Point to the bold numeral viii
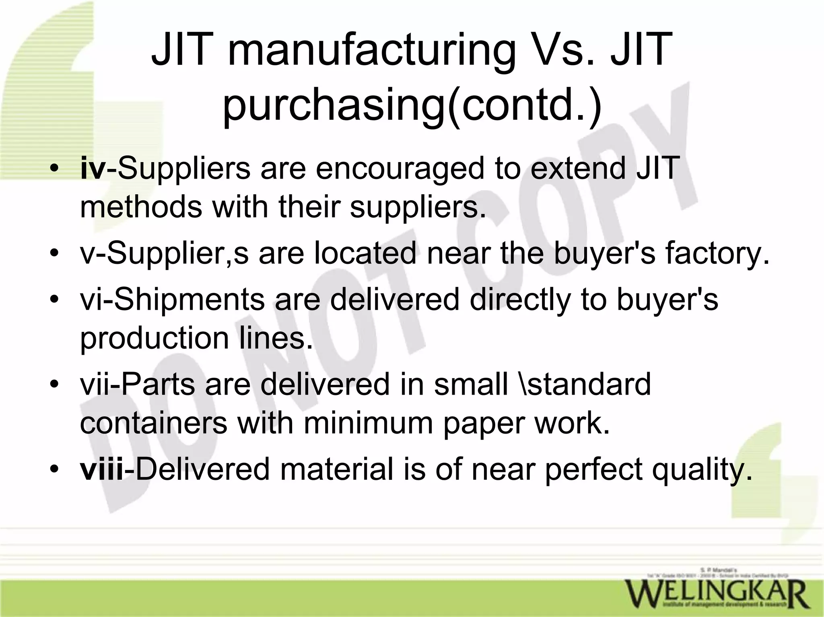click(x=102, y=469)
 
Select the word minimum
click(x=368, y=423)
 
